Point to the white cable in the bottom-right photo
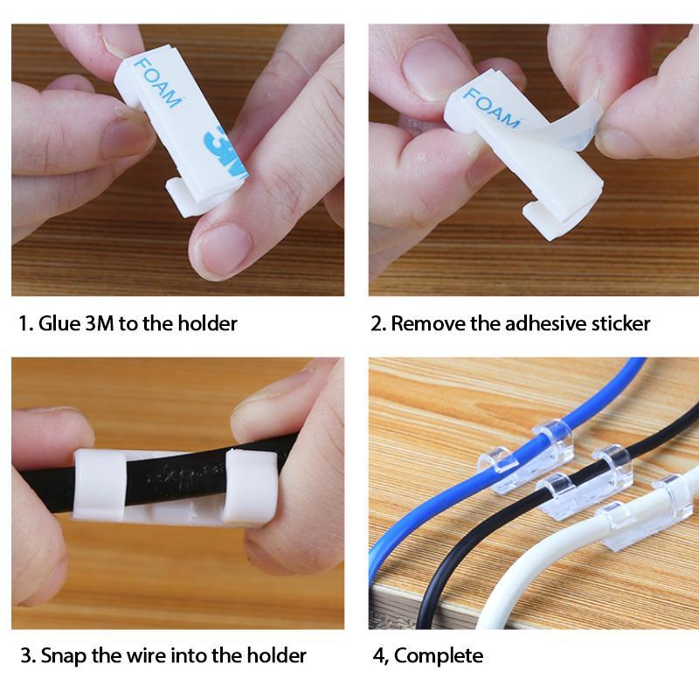[x=559, y=568]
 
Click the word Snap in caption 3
[x=62, y=654]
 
